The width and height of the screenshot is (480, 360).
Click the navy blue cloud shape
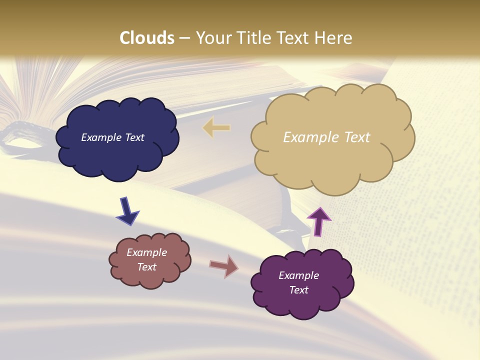tap(117, 155)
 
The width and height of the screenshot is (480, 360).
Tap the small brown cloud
tap(150, 277)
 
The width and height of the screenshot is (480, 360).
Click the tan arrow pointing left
tap(216, 127)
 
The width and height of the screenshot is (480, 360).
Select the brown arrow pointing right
tap(224, 266)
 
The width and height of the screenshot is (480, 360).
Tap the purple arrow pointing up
tap(318, 221)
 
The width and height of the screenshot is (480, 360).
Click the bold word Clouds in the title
tap(147, 38)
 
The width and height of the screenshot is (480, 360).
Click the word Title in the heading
tap(253, 38)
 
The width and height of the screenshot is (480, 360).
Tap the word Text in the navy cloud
tap(134, 137)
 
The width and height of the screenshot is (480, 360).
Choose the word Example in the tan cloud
tap(310, 137)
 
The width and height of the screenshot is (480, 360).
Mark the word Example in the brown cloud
tap(147, 252)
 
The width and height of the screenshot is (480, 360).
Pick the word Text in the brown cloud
tap(147, 267)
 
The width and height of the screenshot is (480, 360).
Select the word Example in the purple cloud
tap(298, 275)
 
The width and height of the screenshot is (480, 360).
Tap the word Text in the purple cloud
tap(298, 290)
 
